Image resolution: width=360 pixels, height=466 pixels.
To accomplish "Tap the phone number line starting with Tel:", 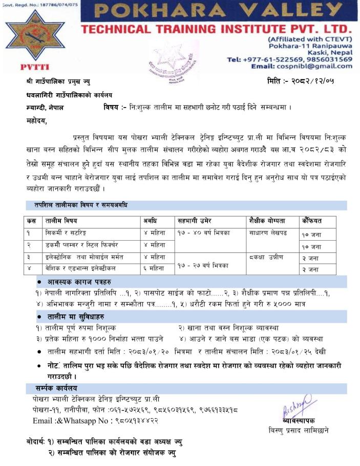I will click(289, 59).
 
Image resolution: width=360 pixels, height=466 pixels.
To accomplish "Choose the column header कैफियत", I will click(312, 221).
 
